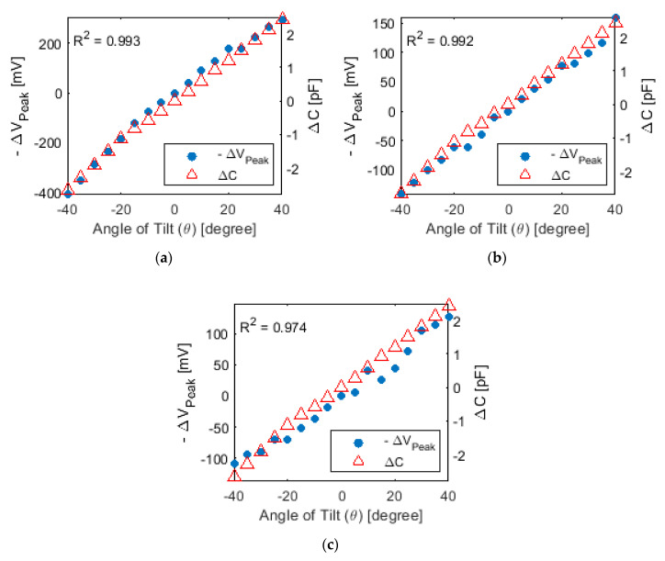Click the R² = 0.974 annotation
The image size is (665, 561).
(267, 325)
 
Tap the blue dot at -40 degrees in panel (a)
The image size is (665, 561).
(67, 194)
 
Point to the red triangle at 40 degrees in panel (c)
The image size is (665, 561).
(449, 305)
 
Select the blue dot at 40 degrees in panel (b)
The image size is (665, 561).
(615, 17)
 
